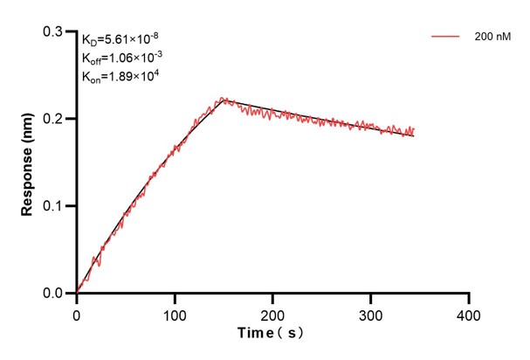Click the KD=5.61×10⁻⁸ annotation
[x=120, y=39]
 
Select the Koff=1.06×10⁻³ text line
[x=120, y=58]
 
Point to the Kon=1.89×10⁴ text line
[x=120, y=76]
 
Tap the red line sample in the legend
[x=446, y=38]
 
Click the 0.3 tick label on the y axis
[x=55, y=31]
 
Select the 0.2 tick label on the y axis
[x=55, y=119]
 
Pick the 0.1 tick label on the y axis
[x=55, y=206]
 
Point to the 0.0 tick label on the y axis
[x=55, y=294]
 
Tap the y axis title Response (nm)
[x=28, y=162]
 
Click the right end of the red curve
[x=414, y=132]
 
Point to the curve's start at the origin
[x=77, y=293]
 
